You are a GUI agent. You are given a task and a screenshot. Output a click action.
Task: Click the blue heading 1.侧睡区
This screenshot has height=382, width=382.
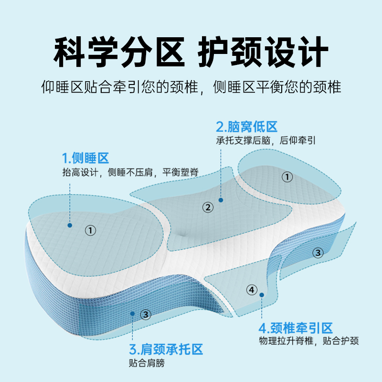pyautogui.click(x=85, y=158)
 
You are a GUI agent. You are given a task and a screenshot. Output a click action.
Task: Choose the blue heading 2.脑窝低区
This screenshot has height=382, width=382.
pyautogui.click(x=247, y=127)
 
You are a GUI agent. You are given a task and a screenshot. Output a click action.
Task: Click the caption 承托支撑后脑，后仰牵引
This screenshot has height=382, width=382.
pyautogui.click(x=266, y=141)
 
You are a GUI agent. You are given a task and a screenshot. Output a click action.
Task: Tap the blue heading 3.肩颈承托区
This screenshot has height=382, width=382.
pyautogui.click(x=166, y=349)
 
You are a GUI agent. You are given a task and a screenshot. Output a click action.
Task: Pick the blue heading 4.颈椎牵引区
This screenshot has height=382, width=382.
pyautogui.click(x=295, y=328)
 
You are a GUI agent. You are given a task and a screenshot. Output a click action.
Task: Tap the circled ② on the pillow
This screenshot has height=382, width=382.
pyautogui.click(x=207, y=207)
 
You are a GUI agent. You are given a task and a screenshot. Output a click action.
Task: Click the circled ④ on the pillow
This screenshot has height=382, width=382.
pyautogui.click(x=252, y=290)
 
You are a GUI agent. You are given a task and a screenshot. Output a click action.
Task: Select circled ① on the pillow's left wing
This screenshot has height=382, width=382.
pyautogui.click(x=90, y=230)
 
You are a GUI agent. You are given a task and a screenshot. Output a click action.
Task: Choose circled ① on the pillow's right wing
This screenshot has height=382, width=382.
pyautogui.click(x=287, y=177)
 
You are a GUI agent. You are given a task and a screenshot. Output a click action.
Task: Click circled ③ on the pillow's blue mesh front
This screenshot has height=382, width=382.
pyautogui.click(x=146, y=314)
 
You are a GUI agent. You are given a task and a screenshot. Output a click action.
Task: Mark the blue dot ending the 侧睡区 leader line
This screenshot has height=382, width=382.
pyautogui.click(x=70, y=225)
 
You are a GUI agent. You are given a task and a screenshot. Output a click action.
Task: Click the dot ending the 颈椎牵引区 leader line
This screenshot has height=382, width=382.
pyautogui.click(x=262, y=295)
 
